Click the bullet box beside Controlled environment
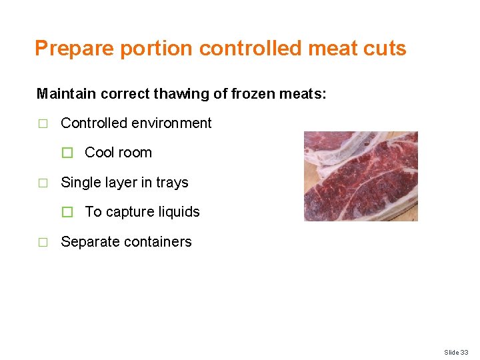(43, 124)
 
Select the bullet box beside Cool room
(67, 153)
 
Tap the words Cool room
(118, 153)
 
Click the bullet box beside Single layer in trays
(43, 183)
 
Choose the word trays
(172, 183)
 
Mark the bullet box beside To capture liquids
(67, 213)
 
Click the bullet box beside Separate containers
(43, 243)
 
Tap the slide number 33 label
(456, 352)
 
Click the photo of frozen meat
(361, 176)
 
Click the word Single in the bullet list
(79, 183)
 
